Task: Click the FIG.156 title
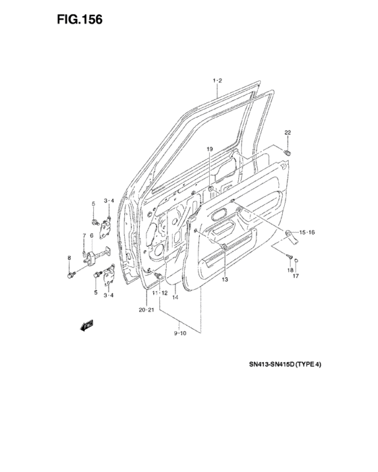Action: [x=80, y=20]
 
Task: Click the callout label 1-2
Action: [x=217, y=80]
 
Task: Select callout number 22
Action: [x=288, y=132]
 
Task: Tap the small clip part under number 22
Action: [x=288, y=153]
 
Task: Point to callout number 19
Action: [x=210, y=149]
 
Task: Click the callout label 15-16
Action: [x=307, y=232]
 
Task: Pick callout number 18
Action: [x=290, y=270]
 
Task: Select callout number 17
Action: [x=296, y=275]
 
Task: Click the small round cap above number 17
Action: [x=296, y=260]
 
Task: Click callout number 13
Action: [x=225, y=280]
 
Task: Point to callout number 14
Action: [x=175, y=297]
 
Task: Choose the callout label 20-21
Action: [x=146, y=310]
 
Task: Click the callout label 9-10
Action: [x=180, y=333]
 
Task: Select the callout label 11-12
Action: [x=159, y=293]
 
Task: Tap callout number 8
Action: [x=70, y=258]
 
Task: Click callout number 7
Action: [x=84, y=235]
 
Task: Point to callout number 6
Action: [x=91, y=235]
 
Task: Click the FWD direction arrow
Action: [x=86, y=326]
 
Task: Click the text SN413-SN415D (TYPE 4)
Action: [x=285, y=365]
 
